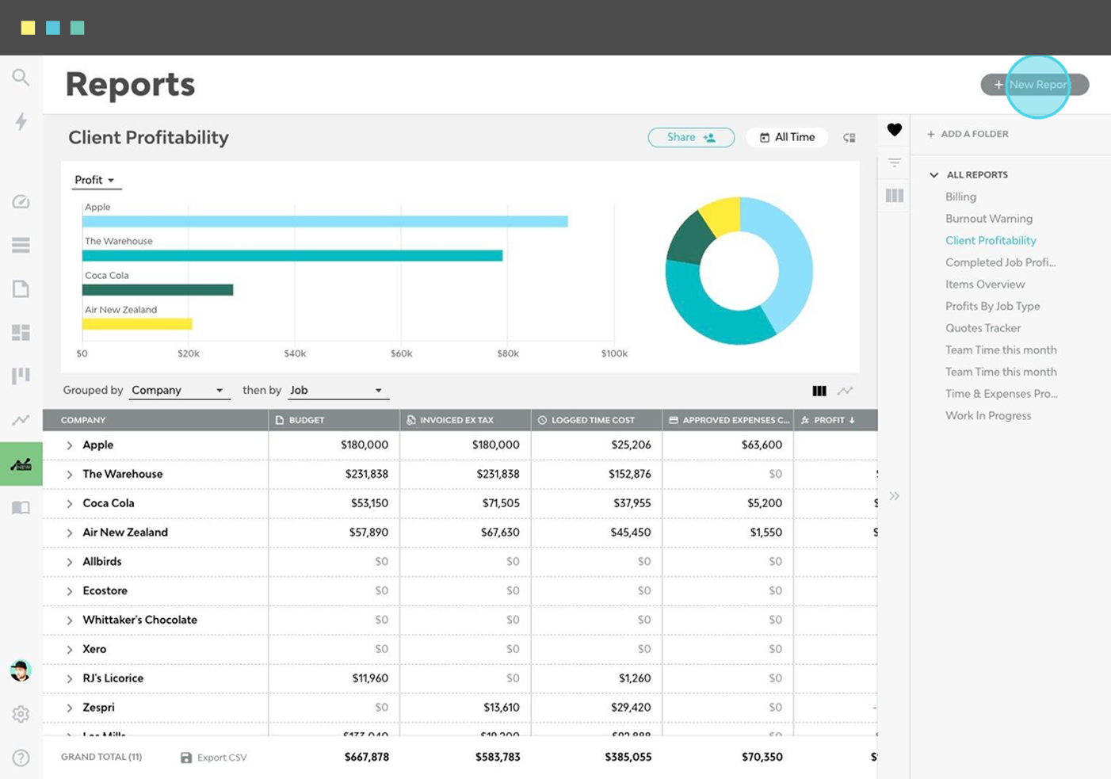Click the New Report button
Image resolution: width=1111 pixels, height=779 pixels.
tap(1034, 85)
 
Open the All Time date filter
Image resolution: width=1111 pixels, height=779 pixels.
tap(786, 137)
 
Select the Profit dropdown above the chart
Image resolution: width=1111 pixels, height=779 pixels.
tap(94, 181)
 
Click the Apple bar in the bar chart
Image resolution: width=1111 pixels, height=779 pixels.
tap(325, 222)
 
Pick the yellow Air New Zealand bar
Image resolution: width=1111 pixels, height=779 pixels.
tap(137, 324)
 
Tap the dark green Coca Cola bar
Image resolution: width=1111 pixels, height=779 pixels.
tap(158, 290)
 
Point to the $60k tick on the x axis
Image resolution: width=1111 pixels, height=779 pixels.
tap(401, 353)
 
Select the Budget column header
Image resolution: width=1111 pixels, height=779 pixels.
tap(307, 420)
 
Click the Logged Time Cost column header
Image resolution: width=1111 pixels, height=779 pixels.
tap(593, 420)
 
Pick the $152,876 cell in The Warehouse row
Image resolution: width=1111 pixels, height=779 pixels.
tap(630, 474)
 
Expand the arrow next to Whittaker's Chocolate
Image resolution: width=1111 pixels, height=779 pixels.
tap(70, 621)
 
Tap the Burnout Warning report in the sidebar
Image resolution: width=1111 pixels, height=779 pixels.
tap(988, 219)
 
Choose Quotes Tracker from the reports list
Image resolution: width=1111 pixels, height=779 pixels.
tap(983, 328)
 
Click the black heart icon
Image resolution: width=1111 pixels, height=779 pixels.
tap(894, 130)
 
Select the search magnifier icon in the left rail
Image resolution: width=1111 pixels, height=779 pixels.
tap(21, 77)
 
